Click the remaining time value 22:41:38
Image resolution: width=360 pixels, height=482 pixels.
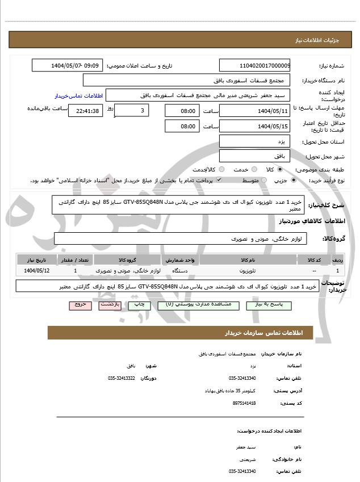click(x=86, y=111)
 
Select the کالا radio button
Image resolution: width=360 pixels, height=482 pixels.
click(x=279, y=169)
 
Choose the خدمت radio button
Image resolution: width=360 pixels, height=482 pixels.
click(x=253, y=169)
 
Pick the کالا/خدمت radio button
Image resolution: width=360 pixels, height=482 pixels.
click(x=221, y=169)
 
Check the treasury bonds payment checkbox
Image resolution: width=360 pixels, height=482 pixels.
click(x=219, y=180)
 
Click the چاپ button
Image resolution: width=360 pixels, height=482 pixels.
click(x=140, y=305)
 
